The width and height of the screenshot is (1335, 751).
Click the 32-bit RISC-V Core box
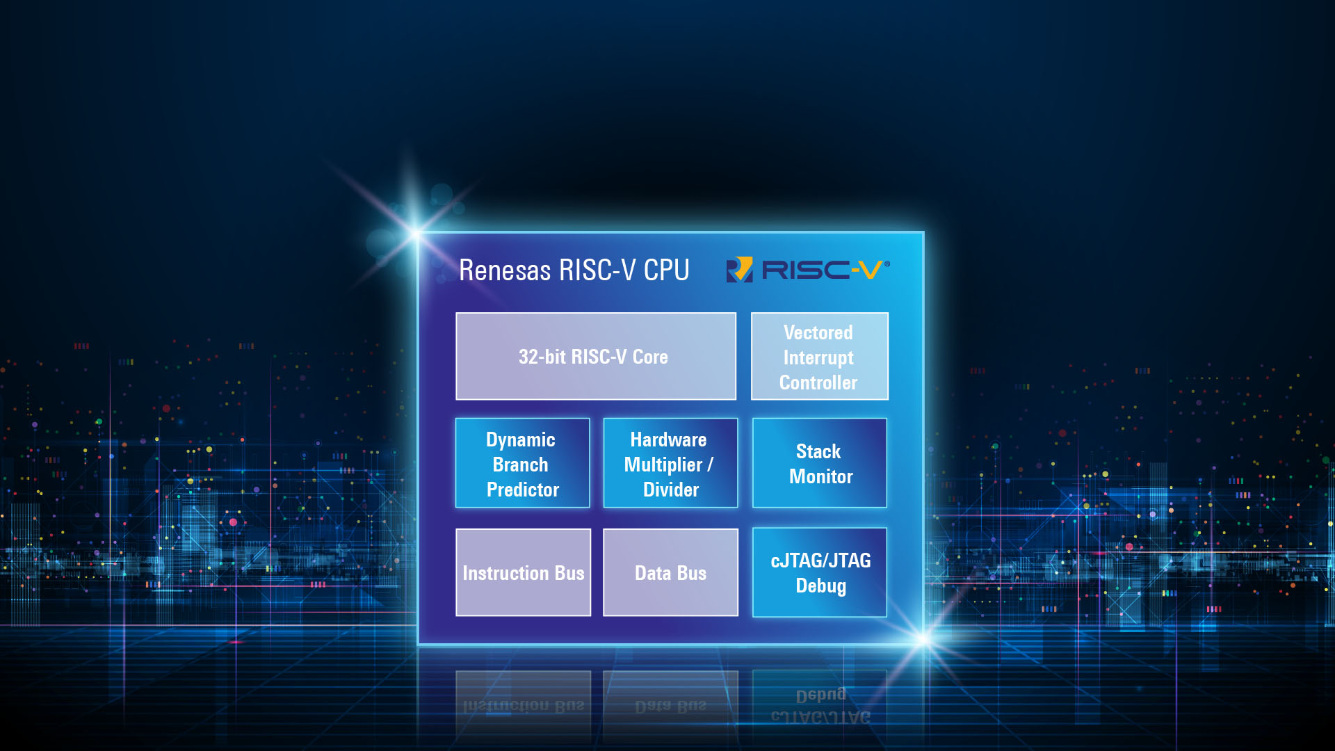pyautogui.click(x=595, y=356)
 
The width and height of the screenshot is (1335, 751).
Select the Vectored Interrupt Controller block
pyautogui.click(x=819, y=356)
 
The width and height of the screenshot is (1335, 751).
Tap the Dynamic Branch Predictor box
pyautogui.click(x=522, y=463)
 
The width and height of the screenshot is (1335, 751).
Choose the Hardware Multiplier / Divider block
pyautogui.click(x=670, y=463)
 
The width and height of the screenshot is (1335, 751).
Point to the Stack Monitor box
pyautogui.click(x=819, y=463)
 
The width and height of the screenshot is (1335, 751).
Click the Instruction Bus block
pyautogui.click(x=523, y=572)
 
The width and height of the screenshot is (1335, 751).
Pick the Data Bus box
pyautogui.click(x=670, y=572)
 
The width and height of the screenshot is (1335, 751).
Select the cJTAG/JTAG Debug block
pyautogui.click(x=819, y=572)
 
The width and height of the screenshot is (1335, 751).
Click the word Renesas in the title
pyautogui.click(x=505, y=270)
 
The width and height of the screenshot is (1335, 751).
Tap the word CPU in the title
pyautogui.click(x=666, y=270)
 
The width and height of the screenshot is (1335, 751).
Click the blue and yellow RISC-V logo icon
pyautogui.click(x=739, y=270)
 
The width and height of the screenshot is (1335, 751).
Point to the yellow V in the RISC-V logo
pyautogui.click(x=870, y=270)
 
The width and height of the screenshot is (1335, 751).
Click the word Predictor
pyautogui.click(x=523, y=490)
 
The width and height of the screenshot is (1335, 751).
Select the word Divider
pyautogui.click(x=670, y=490)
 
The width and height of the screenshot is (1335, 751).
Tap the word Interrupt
pyautogui.click(x=818, y=357)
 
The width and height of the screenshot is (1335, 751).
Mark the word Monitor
pyautogui.click(x=820, y=476)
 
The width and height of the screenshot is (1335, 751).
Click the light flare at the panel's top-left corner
pyautogui.click(x=416, y=233)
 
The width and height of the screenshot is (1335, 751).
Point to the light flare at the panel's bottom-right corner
pyautogui.click(x=923, y=638)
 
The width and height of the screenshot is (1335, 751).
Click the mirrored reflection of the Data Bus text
pyautogui.click(x=670, y=706)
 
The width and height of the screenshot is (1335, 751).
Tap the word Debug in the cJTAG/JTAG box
pyautogui.click(x=820, y=586)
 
